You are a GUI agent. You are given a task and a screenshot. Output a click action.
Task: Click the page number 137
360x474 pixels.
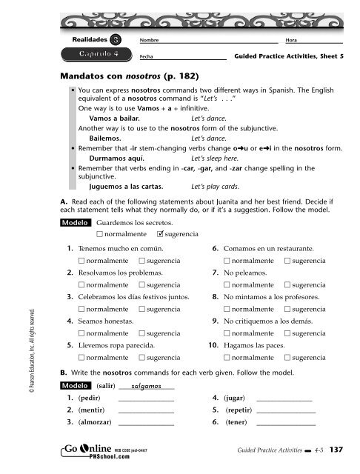(x=335, y=454)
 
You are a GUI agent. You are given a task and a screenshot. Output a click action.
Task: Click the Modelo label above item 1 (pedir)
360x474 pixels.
(x=78, y=386)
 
